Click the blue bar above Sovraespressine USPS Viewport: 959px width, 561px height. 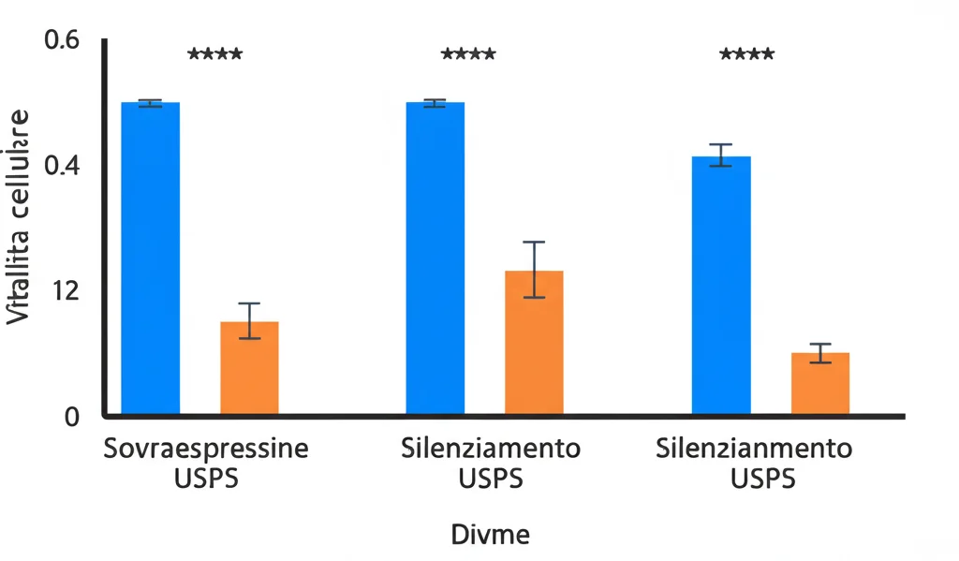(151, 258)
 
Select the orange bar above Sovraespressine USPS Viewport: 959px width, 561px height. (249, 367)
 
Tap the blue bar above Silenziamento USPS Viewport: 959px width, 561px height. (435, 258)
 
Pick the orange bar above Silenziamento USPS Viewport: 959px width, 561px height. (534, 342)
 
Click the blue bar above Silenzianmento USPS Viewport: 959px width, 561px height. (720, 285)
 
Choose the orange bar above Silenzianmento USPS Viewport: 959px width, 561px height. (819, 383)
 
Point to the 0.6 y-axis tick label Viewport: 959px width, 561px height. (62, 40)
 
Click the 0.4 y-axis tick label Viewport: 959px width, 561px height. (62, 166)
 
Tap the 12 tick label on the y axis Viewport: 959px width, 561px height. (64, 290)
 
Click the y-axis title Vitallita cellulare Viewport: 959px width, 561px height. (20, 217)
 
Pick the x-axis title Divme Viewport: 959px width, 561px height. (491, 536)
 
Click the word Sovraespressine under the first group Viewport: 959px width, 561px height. (205, 448)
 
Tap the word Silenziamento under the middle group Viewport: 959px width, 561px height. (490, 448)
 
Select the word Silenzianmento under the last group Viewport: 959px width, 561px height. (754, 448)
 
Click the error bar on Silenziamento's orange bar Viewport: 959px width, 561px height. (534, 270)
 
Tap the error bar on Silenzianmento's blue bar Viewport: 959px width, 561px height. (720, 155)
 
